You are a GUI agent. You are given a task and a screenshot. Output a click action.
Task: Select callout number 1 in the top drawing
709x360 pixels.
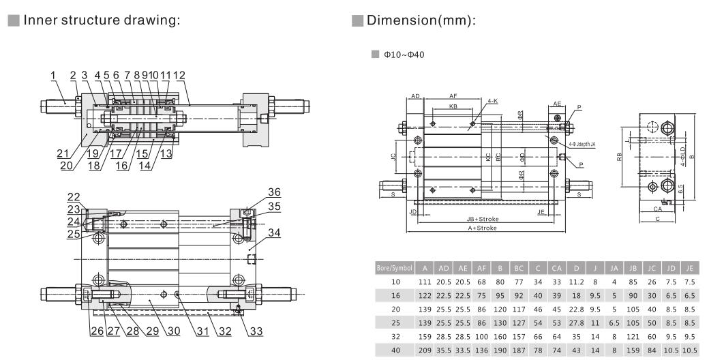[x=53, y=75]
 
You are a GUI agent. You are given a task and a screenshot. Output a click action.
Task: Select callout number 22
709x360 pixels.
[x=73, y=196]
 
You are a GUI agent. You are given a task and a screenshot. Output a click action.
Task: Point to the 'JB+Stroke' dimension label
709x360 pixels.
[x=483, y=219]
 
